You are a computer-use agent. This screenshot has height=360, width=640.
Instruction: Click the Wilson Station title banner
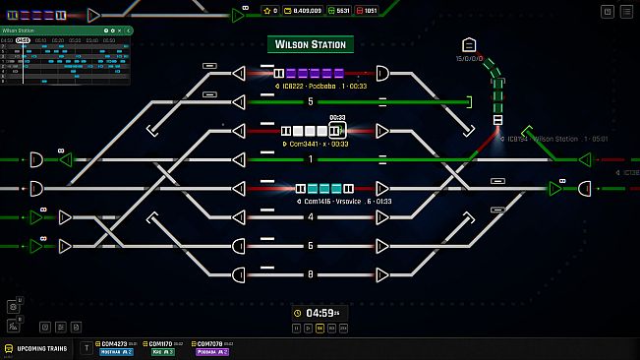pyautogui.click(x=310, y=44)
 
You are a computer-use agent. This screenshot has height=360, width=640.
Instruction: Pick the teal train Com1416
pyautogui.click(x=325, y=188)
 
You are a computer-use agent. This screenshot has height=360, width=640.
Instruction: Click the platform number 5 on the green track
pyautogui.click(x=311, y=101)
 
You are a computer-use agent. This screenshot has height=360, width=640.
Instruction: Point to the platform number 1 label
pyautogui.click(x=311, y=159)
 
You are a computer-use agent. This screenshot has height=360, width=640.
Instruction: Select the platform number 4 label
pyautogui.click(x=311, y=216)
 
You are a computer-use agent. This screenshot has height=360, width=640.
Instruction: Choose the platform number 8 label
pyautogui.click(x=311, y=274)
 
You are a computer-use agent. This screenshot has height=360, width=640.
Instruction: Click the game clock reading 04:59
pyautogui.click(x=321, y=314)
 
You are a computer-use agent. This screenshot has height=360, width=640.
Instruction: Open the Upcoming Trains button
pyautogui.click(x=36, y=348)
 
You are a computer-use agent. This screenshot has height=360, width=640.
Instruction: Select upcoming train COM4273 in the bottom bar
pyautogui.click(x=114, y=347)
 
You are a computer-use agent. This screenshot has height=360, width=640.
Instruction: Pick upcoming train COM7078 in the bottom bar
pyautogui.click(x=212, y=347)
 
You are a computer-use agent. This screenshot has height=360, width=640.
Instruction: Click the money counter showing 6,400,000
pyautogui.click(x=303, y=10)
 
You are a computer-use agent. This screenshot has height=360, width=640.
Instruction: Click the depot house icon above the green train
pyautogui.click(x=469, y=44)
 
